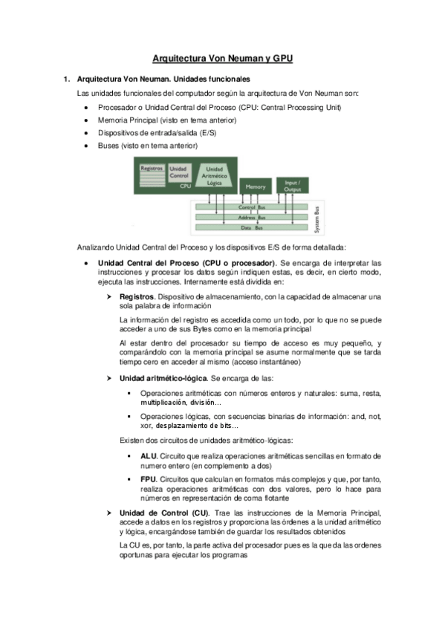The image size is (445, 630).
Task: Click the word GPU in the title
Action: point(279,57)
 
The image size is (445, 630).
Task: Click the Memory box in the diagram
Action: point(255,186)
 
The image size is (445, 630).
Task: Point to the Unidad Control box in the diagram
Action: point(179,172)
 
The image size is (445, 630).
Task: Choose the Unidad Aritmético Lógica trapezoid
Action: point(215,175)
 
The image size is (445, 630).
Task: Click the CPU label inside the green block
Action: point(185,186)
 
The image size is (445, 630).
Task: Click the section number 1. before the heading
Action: point(66,79)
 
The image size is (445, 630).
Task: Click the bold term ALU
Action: point(147,455)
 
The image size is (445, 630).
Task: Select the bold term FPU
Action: point(147,480)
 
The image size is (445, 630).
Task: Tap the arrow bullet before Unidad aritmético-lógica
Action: point(108,378)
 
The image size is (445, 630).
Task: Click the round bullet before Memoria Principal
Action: point(88,120)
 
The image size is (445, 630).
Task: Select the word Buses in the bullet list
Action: point(108,146)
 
